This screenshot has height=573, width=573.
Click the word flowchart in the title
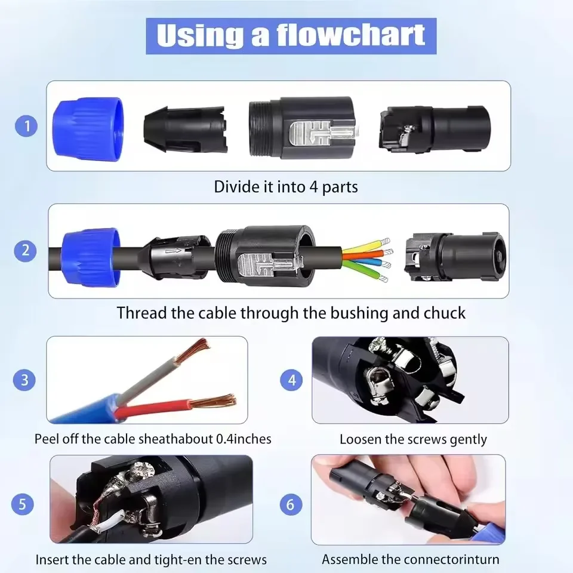click(350, 35)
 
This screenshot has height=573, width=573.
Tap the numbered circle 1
click(26, 126)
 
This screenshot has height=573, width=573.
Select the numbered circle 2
click(25, 250)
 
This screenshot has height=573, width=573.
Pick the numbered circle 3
click(24, 380)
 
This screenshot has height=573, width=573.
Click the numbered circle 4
click(292, 380)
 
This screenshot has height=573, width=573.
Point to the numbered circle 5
click(23, 504)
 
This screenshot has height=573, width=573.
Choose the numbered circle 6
click(291, 504)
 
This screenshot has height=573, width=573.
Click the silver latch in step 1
click(321, 133)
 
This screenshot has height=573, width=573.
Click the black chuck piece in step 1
click(186, 130)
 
